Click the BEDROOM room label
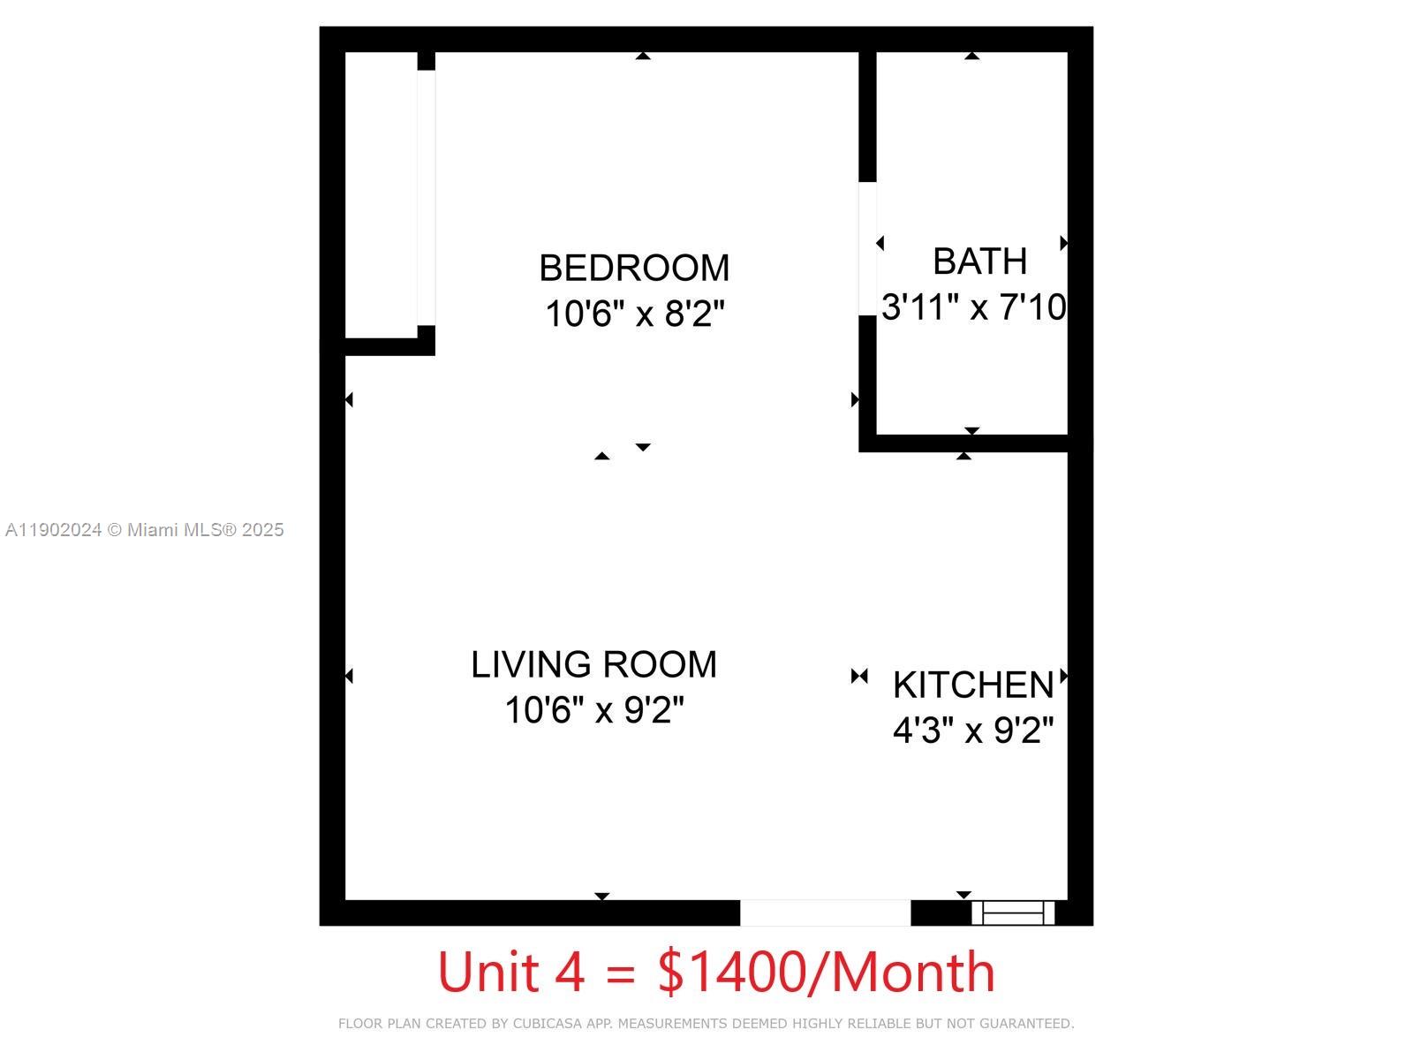634,268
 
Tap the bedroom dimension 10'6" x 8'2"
634,314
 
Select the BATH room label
979,261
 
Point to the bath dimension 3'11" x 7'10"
973,307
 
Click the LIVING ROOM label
593,664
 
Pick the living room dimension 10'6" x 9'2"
593,710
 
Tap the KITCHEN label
973,685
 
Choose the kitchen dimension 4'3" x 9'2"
973,731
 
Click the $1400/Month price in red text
827,972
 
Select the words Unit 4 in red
510,972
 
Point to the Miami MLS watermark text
145,530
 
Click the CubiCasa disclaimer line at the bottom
706,1024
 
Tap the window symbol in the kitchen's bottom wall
1013,912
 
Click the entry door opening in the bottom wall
825,912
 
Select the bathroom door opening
867,248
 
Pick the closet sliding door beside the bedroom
426,198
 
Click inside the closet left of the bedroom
381,194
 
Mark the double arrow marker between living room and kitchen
859,677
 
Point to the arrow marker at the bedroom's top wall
643,56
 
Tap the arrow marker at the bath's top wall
971,56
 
